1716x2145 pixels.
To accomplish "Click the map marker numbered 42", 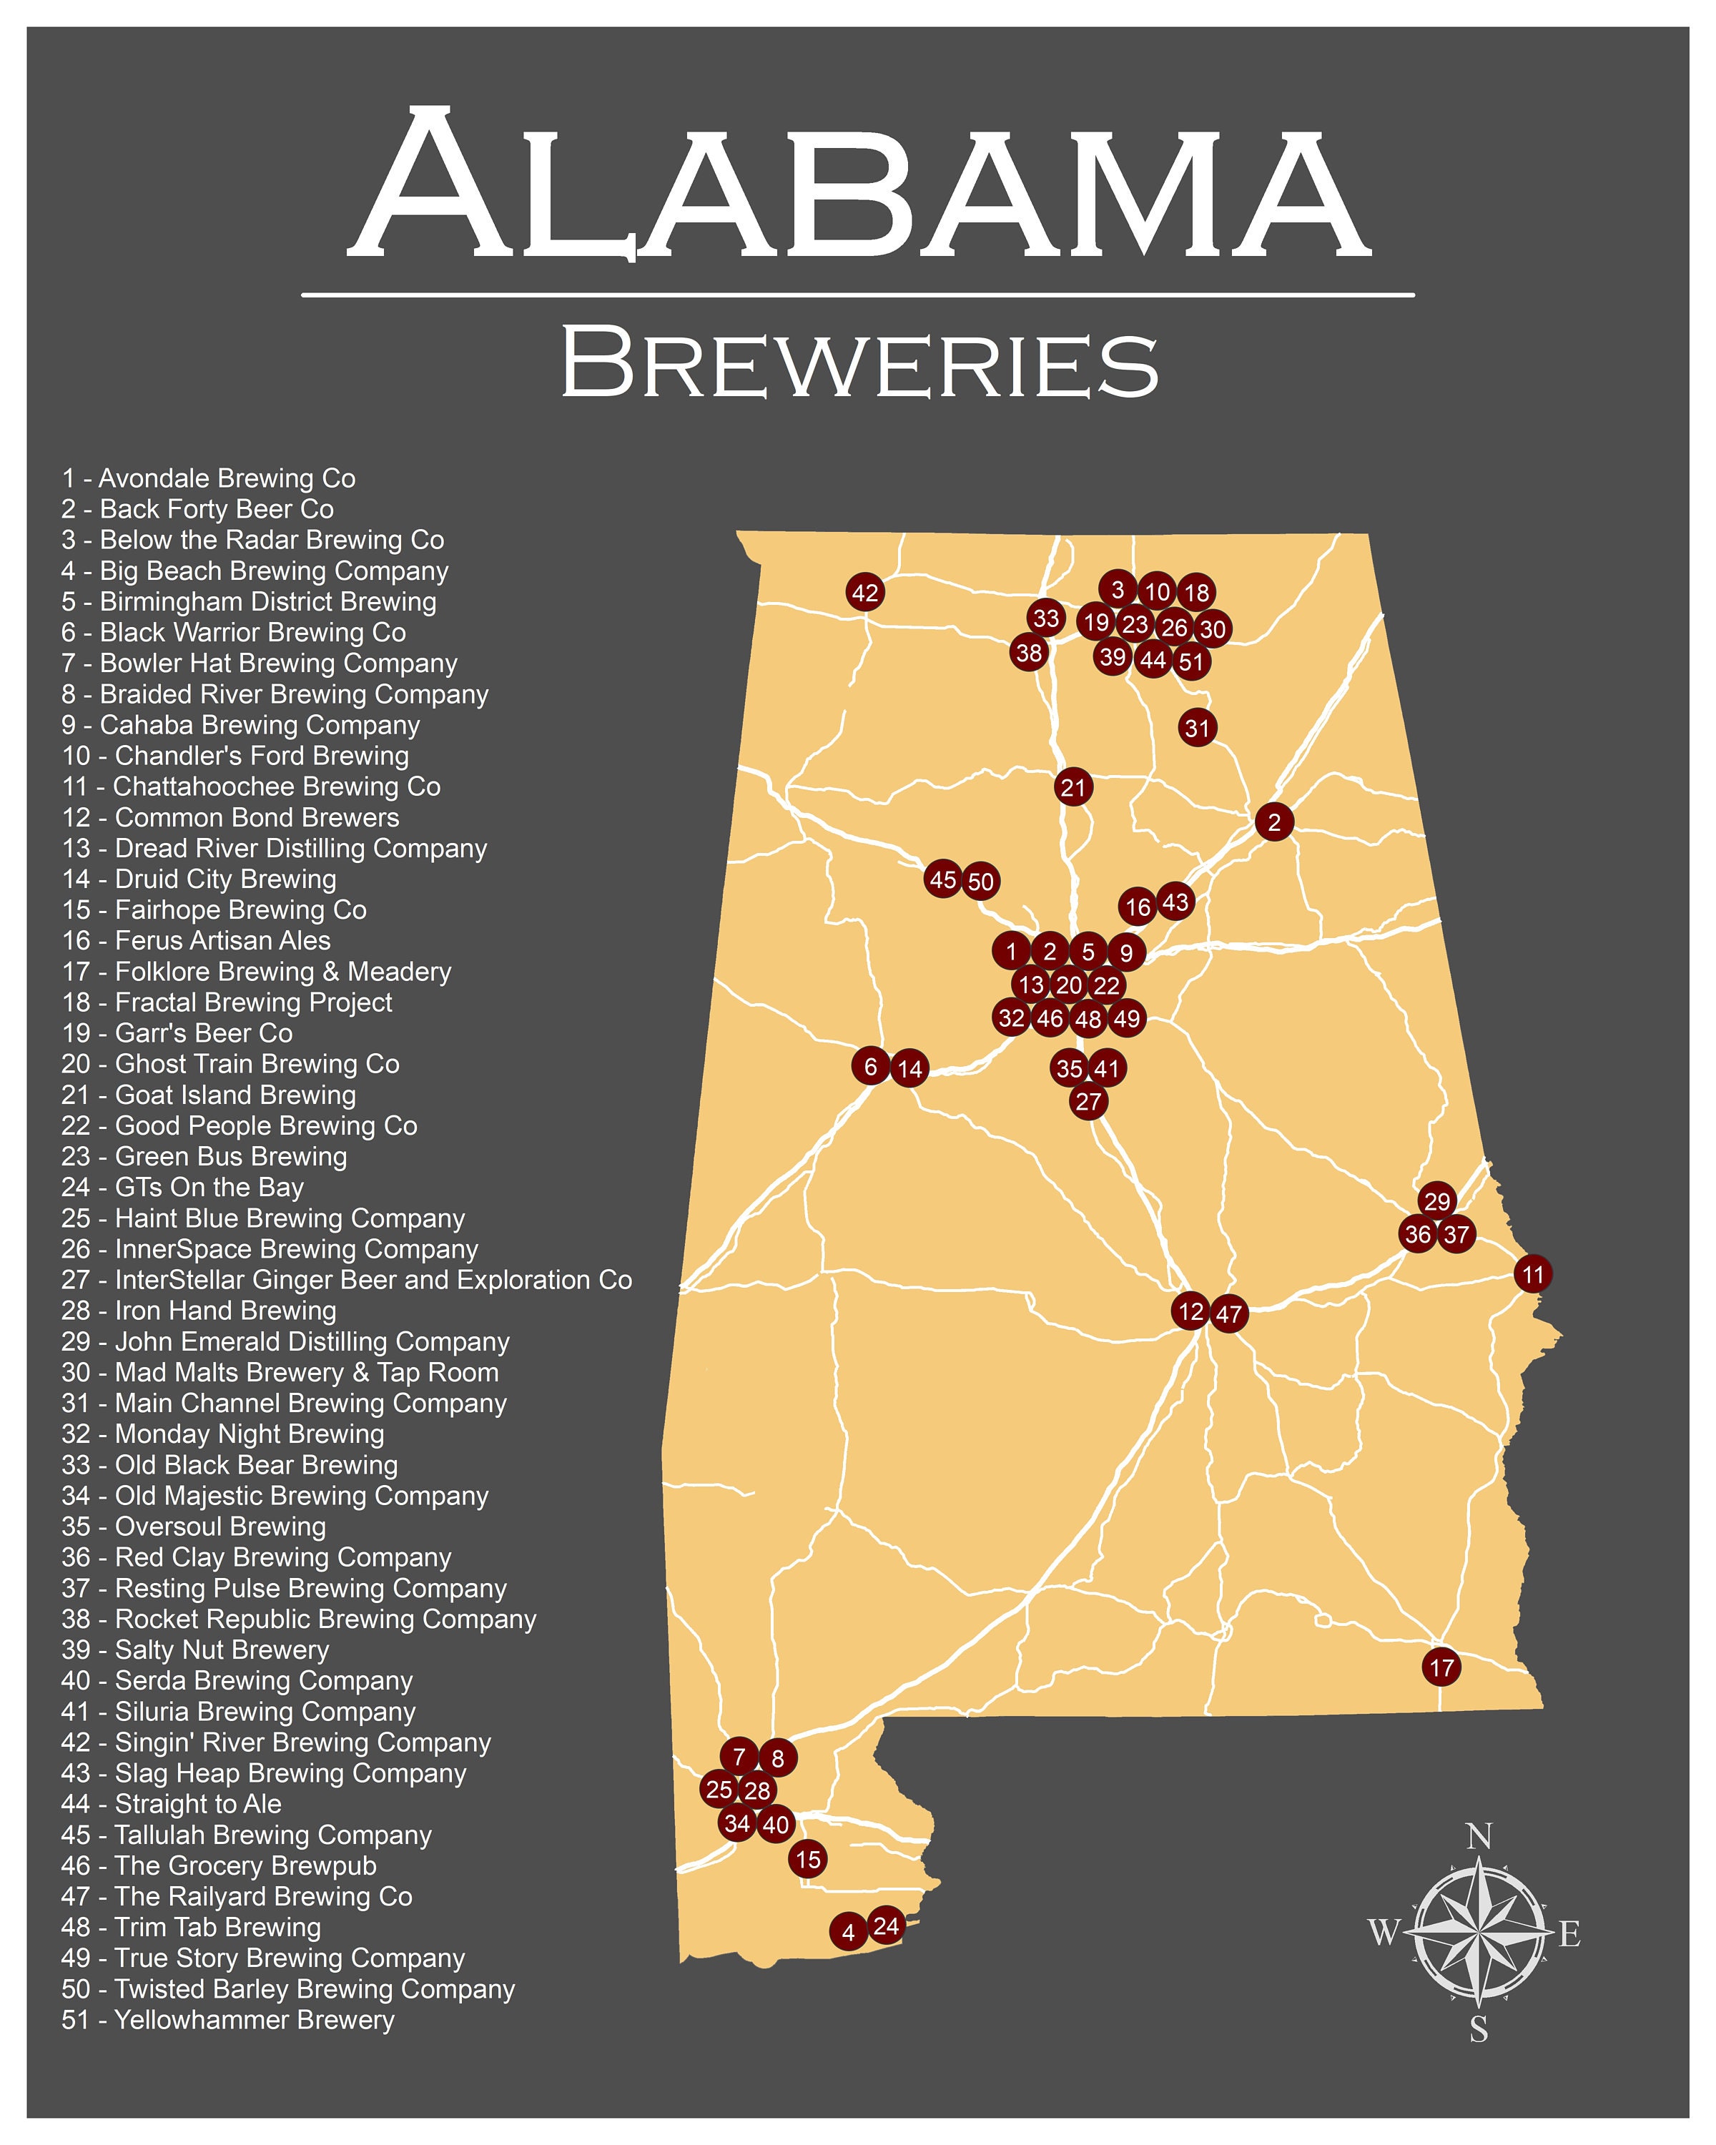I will pyautogui.click(x=864, y=593).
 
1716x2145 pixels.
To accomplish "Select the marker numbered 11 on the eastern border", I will pyautogui.click(x=1533, y=1273).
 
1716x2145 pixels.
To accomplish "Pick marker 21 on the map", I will pyautogui.click(x=1072, y=788).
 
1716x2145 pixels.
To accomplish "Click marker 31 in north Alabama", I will pyautogui.click(x=1198, y=727).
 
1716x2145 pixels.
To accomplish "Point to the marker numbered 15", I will pyautogui.click(x=808, y=1858).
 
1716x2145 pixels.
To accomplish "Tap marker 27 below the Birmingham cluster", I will pyautogui.click(x=1088, y=1101).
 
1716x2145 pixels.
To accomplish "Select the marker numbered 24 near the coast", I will pyautogui.click(x=885, y=1926).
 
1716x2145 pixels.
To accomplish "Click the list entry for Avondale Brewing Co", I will pyautogui.click(x=209, y=478).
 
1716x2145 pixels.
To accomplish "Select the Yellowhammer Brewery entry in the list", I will pyautogui.click(x=228, y=2020).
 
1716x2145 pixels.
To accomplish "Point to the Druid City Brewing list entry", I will pyautogui.click(x=199, y=879).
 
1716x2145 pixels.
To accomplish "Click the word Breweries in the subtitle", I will pyautogui.click(x=859, y=363).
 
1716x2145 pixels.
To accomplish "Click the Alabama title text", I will pyautogui.click(x=859, y=184).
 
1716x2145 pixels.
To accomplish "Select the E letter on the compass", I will pyautogui.click(x=1569, y=1934).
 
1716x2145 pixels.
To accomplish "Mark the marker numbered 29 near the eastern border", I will pyautogui.click(x=1436, y=1200).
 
